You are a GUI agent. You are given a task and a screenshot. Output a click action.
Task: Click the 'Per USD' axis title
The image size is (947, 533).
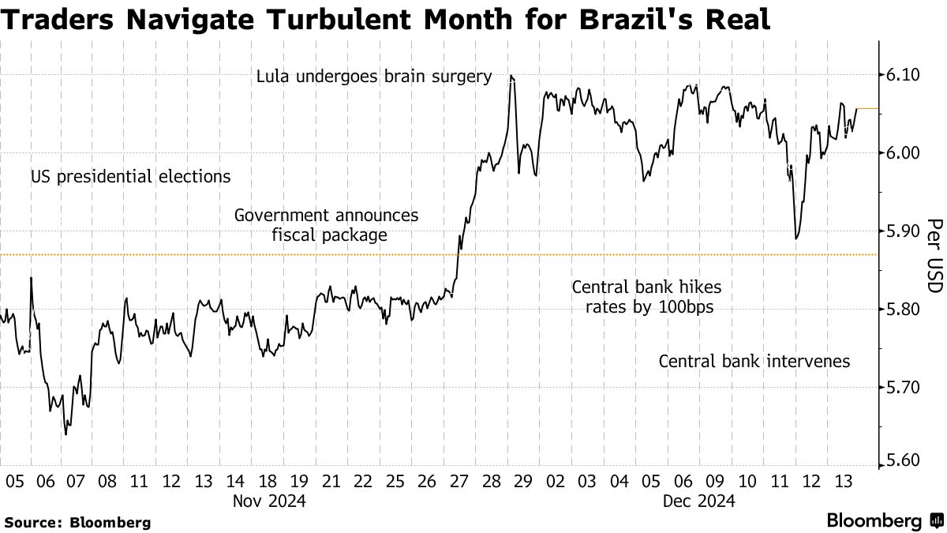coord(934,255)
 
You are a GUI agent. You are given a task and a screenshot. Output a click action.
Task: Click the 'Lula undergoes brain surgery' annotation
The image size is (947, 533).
coord(374,77)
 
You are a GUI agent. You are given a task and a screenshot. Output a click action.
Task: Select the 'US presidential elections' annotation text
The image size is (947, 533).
coord(131,177)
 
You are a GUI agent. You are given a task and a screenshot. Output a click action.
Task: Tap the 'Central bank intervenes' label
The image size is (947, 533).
coord(754,362)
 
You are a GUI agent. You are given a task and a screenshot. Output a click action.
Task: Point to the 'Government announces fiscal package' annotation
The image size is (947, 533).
coord(327,225)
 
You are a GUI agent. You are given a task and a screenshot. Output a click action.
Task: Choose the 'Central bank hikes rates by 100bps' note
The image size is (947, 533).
coord(646,297)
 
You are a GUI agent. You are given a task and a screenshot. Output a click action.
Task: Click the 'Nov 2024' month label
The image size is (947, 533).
coord(268,501)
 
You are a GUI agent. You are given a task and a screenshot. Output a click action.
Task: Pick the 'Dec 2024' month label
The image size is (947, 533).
coord(699,501)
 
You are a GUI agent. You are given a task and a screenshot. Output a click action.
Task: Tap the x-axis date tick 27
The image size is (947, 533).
coord(459,480)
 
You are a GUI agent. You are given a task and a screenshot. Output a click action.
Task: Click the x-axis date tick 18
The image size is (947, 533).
coord(267,480)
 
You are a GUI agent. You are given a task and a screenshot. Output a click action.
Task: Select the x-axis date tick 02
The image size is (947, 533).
coord(555,480)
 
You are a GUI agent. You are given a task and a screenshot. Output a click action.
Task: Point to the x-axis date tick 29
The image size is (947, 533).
coord(523,480)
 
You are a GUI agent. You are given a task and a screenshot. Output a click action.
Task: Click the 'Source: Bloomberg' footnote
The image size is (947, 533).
coord(77,522)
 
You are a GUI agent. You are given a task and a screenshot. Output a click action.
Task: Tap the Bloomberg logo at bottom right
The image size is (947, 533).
coord(884,521)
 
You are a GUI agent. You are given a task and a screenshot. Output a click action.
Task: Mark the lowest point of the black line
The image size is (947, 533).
coord(66,434)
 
